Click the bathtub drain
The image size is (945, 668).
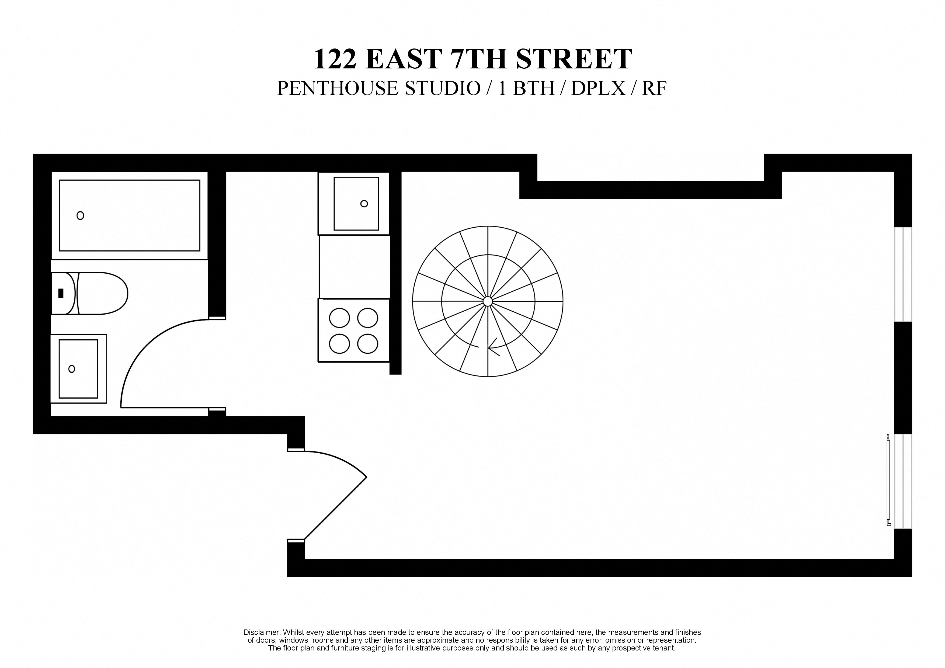tap(80, 215)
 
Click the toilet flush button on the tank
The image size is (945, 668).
tap(61, 293)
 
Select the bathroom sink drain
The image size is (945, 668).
tap(72, 369)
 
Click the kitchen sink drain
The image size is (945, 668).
tap(364, 203)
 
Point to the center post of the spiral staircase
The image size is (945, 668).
tap(488, 301)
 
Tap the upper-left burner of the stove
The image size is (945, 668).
tap(339, 318)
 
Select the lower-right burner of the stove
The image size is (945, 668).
tap(367, 344)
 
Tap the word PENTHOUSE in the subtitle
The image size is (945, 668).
tap(338, 88)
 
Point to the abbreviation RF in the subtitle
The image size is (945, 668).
tap(654, 88)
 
